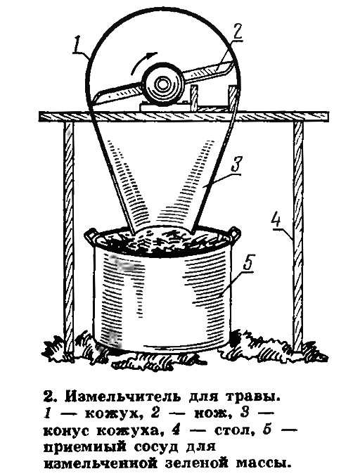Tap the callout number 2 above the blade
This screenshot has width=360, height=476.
coord(236,32)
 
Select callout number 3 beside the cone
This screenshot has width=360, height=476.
coord(236,165)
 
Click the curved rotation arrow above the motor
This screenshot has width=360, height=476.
coord(143,62)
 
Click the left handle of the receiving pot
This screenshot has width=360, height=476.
coord(91,236)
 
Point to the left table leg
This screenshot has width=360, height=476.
coord(69,237)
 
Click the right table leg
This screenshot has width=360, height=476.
coord(298,236)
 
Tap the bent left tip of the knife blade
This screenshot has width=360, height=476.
coord(96,98)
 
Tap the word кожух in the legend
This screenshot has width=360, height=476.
coord(112,413)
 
